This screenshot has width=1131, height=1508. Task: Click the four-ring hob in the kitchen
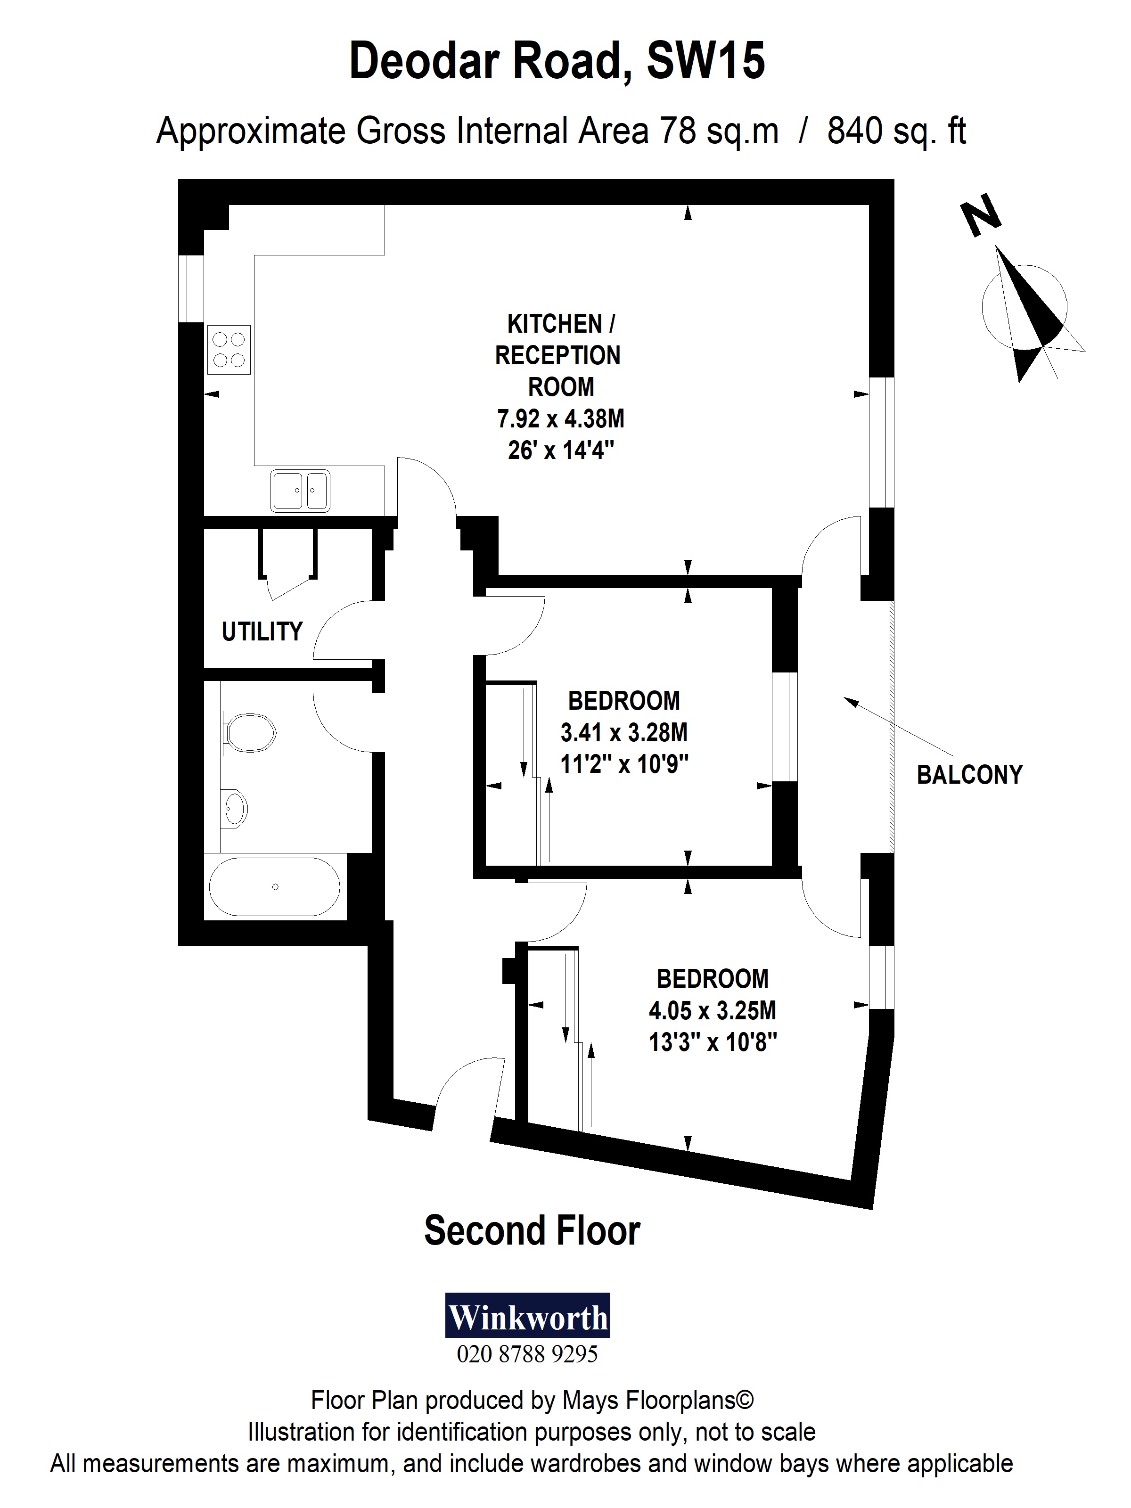229,350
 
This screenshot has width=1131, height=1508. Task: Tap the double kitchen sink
300,490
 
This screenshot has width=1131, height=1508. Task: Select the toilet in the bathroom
250,733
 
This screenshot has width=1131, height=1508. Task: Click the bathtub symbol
274,886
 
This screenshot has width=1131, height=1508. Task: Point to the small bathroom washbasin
235,809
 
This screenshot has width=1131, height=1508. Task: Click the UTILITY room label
262,632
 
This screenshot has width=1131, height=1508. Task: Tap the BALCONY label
969,775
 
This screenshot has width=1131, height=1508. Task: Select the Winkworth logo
528,1316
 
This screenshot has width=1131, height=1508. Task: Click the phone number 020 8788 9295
527,1354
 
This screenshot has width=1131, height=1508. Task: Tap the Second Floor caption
532,1230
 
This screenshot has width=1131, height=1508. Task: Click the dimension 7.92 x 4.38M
560,418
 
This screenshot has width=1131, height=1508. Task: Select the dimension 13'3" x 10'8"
713,1042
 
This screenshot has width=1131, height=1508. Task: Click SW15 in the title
705,61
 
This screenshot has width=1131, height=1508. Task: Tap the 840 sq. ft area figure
896,131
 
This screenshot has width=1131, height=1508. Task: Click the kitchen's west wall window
191,288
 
